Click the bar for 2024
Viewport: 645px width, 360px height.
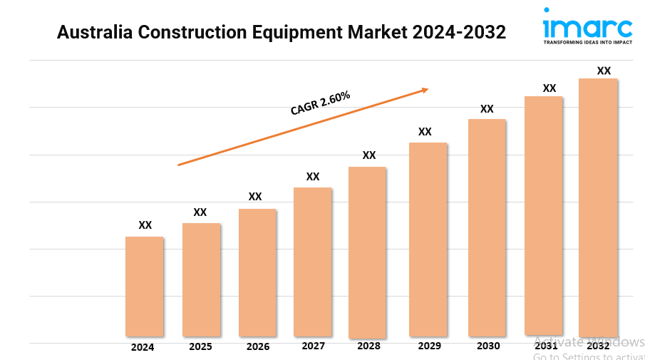pyautogui.click(x=145, y=287)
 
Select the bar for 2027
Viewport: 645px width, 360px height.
pyautogui.click(x=313, y=262)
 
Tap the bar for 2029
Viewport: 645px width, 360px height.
pyautogui.click(x=428, y=239)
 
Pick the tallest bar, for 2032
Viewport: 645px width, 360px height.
pyautogui.click(x=598, y=207)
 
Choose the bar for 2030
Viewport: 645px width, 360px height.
pyautogui.click(x=487, y=227)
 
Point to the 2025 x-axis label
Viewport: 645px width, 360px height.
pyautogui.click(x=200, y=347)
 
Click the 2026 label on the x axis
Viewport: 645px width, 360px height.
pyautogui.click(x=258, y=347)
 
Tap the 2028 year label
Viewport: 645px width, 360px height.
pyautogui.click(x=368, y=346)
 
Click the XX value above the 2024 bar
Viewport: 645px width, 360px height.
pyautogui.click(x=145, y=225)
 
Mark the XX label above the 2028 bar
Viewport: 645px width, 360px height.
pyautogui.click(x=369, y=155)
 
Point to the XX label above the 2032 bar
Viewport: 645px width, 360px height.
pyautogui.click(x=604, y=71)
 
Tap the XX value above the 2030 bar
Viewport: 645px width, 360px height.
pyautogui.click(x=487, y=109)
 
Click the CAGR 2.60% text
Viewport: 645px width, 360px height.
pyautogui.click(x=320, y=103)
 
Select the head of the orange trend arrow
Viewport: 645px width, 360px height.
pyautogui.click(x=425, y=89)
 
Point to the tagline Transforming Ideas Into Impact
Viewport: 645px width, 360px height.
pyautogui.click(x=587, y=43)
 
